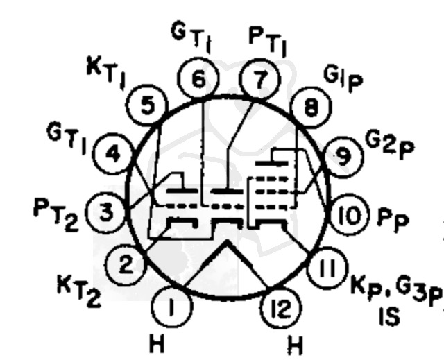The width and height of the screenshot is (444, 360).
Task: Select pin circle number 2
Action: pyautogui.click(x=126, y=265)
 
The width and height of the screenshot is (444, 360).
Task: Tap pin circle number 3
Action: pyautogui.click(x=106, y=212)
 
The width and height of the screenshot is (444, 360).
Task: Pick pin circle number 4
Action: pyautogui.click(x=113, y=154)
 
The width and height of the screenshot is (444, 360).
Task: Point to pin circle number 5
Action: pyautogui.click(x=146, y=105)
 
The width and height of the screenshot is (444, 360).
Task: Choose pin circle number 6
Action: pyautogui.click(x=198, y=78)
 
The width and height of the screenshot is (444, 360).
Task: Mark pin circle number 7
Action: pyautogui.click(x=260, y=79)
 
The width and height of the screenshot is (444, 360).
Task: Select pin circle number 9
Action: pyautogui.click(x=343, y=157)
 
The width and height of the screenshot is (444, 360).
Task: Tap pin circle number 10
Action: pyautogui.click(x=350, y=215)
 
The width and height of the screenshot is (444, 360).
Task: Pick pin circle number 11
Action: pyautogui.click(x=327, y=268)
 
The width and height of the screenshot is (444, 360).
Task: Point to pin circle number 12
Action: pyautogui.click(x=281, y=308)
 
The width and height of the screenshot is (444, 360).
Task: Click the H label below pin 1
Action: pyautogui.click(x=157, y=343)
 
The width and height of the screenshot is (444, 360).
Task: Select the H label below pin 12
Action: pyautogui.click(x=295, y=345)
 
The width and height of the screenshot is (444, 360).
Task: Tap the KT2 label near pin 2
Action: pyautogui.click(x=78, y=290)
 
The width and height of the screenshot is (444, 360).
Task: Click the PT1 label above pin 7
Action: pyautogui.click(x=267, y=42)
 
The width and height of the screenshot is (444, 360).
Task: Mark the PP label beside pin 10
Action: pyautogui.click(x=393, y=219)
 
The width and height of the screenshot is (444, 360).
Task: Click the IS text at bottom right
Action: pyautogui.click(x=390, y=316)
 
